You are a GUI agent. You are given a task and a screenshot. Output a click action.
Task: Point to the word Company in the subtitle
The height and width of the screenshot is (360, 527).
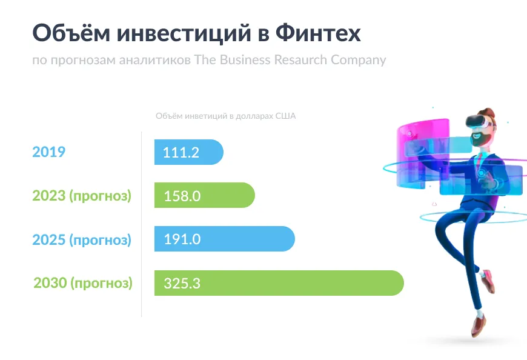tap(358, 60)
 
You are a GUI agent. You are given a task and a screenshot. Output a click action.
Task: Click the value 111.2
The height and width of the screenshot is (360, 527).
tap(181, 152)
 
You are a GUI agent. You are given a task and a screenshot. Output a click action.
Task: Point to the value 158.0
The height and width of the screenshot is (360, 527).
tap(182, 196)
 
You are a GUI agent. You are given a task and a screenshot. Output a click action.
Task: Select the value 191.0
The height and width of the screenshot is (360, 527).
tap(182, 239)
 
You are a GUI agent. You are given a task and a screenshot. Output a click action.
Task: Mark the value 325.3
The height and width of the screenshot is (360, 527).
tap(182, 283)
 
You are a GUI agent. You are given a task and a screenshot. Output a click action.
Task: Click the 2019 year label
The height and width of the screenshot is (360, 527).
tap(48, 152)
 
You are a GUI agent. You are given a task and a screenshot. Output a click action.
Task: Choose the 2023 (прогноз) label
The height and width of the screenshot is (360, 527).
tap(82, 196)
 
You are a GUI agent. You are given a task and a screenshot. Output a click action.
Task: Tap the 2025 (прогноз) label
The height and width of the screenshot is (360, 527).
tap(82, 239)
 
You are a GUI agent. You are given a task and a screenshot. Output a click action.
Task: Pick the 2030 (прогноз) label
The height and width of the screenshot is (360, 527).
tap(83, 283)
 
